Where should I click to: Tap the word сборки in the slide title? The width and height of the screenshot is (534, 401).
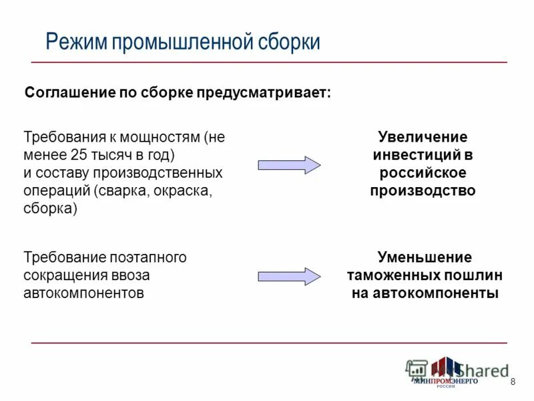pos(289,42)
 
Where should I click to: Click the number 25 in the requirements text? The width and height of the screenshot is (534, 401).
pos(77,155)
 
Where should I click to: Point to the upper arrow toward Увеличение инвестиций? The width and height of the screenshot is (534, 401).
pos(289,165)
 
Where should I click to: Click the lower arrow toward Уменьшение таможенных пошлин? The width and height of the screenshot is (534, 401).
pos(289,276)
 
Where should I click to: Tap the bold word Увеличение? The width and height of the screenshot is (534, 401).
pos(423,138)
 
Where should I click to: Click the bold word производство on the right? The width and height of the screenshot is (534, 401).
pos(423,190)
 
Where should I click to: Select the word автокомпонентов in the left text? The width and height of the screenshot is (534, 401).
pos(83,293)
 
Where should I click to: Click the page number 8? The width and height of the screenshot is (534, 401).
pos(513,382)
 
